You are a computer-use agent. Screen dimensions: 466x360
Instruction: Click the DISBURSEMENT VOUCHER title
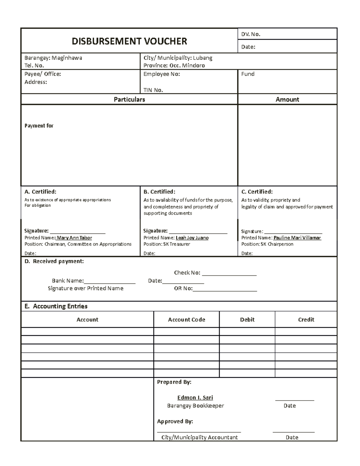click(129, 41)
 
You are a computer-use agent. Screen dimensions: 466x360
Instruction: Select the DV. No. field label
click(251, 34)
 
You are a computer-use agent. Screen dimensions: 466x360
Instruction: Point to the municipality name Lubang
click(202, 58)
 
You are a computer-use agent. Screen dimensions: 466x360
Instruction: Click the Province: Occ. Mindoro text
click(174, 65)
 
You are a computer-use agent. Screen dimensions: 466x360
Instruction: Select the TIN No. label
click(153, 90)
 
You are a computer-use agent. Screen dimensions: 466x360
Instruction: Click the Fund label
click(248, 74)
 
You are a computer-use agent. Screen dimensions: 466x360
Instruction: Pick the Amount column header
click(287, 99)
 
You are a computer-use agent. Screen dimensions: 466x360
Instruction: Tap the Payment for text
click(39, 126)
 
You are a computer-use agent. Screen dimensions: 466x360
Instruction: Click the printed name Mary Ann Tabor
click(74, 238)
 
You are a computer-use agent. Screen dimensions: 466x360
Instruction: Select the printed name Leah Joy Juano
click(192, 238)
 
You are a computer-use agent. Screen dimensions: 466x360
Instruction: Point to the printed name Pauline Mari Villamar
click(297, 238)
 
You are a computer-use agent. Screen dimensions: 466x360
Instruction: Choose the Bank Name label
click(67, 281)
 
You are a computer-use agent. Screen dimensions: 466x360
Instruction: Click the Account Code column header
click(186, 320)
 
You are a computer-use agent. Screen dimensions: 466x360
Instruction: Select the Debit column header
click(247, 320)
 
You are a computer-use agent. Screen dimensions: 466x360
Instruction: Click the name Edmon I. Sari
click(195, 398)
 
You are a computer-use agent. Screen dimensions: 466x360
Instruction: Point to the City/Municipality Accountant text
click(199, 437)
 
